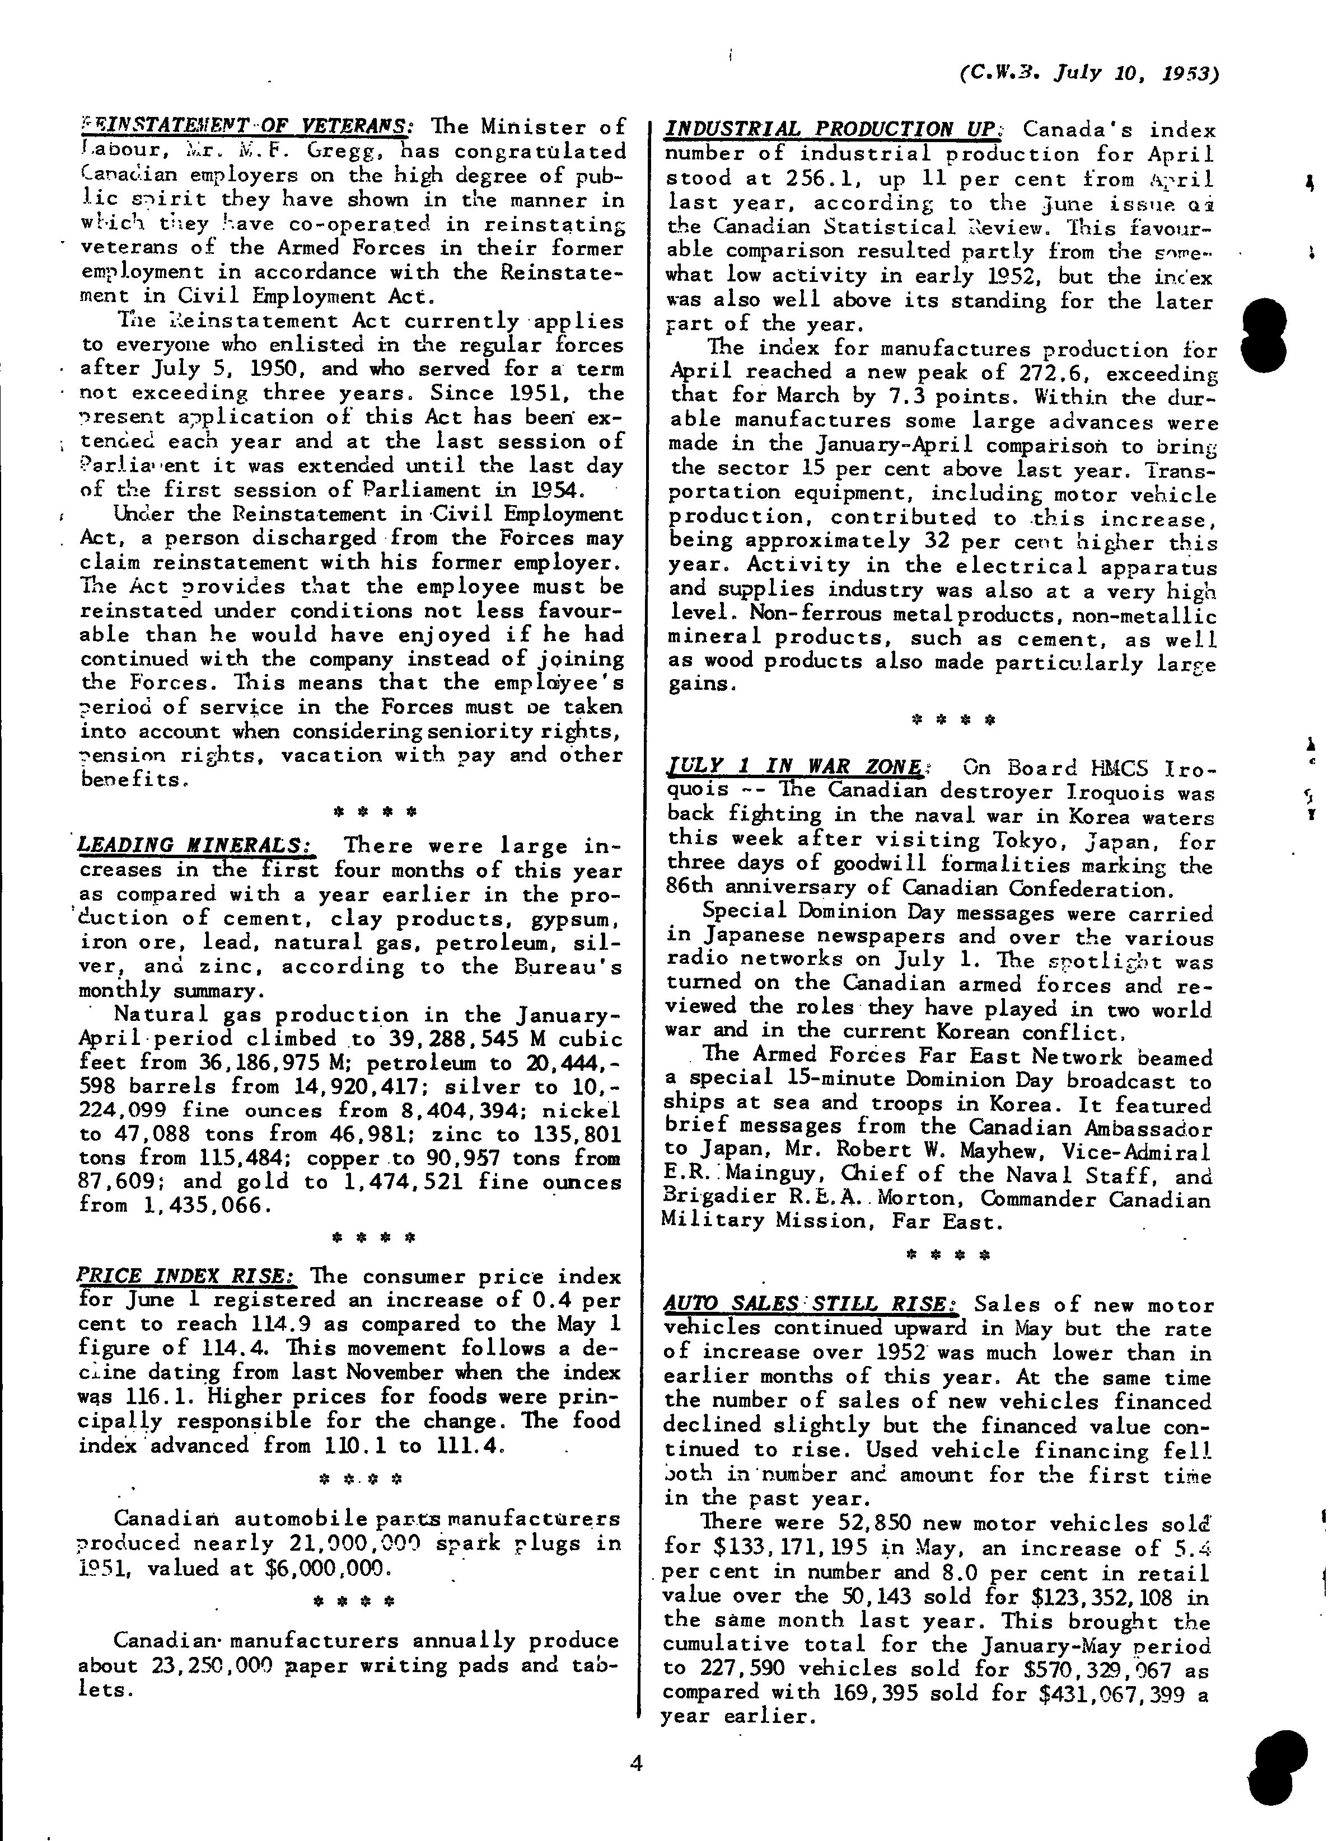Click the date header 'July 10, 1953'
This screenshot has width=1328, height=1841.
[x=1137, y=74]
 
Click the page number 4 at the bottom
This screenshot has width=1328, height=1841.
[x=636, y=1760]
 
